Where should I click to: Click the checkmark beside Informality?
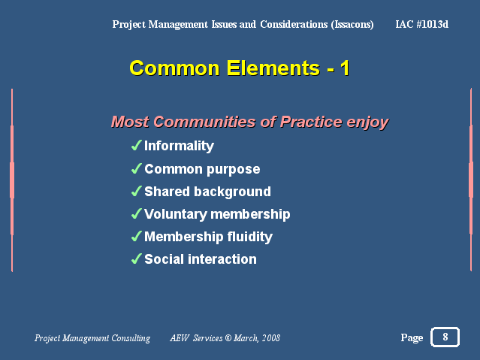point(137,145)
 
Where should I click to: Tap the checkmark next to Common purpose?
point(137,168)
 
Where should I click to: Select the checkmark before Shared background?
point(137,191)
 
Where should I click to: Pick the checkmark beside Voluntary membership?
point(137,213)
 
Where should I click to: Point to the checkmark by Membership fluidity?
point(137,236)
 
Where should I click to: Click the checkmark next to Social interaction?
point(137,259)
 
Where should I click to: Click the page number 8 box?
point(445,337)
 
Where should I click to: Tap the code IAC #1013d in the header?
point(422,24)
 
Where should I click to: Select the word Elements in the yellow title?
point(273,68)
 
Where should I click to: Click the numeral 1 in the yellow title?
point(345,68)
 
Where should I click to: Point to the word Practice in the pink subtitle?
point(311,122)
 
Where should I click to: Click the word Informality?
point(179,146)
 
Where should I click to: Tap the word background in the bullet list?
point(232,192)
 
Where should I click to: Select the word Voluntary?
point(176,214)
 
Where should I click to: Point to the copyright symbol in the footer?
point(228,338)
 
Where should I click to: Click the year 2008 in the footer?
point(271,338)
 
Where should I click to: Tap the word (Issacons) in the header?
point(352,24)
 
